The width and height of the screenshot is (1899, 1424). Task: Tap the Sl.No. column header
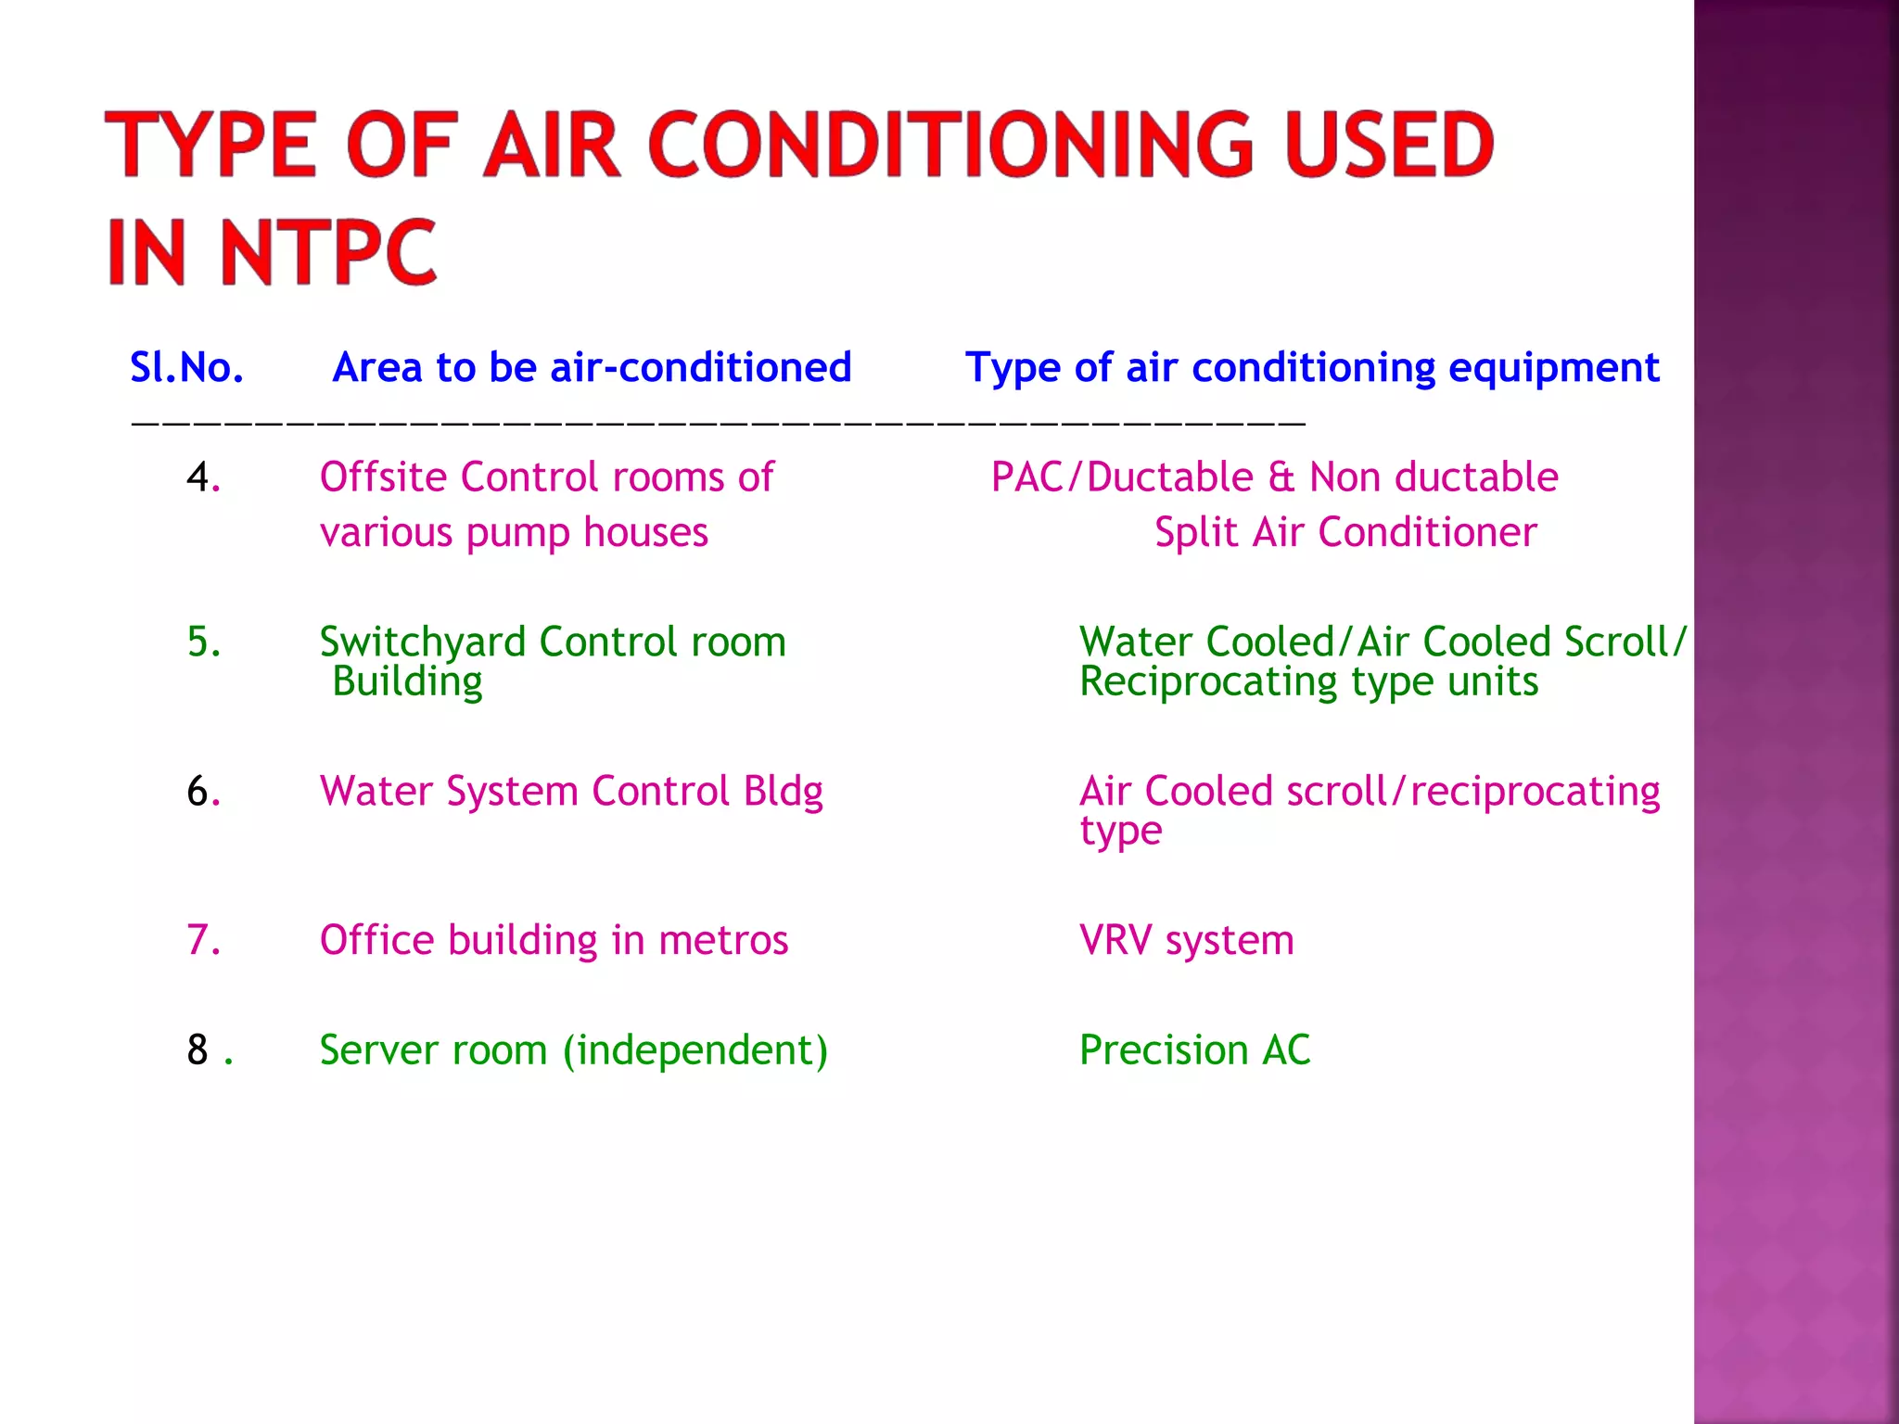[186, 368]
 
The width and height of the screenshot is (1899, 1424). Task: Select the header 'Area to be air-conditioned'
[592, 368]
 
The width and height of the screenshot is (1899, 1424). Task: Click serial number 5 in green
[202, 642]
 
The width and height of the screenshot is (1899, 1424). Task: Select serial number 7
[202, 940]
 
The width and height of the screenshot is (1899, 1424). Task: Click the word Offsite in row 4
[385, 477]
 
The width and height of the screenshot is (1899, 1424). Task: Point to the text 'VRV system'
[1186, 941]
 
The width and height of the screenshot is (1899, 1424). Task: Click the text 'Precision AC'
[1194, 1050]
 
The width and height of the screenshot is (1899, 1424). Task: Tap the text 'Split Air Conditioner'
[1345, 533]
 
